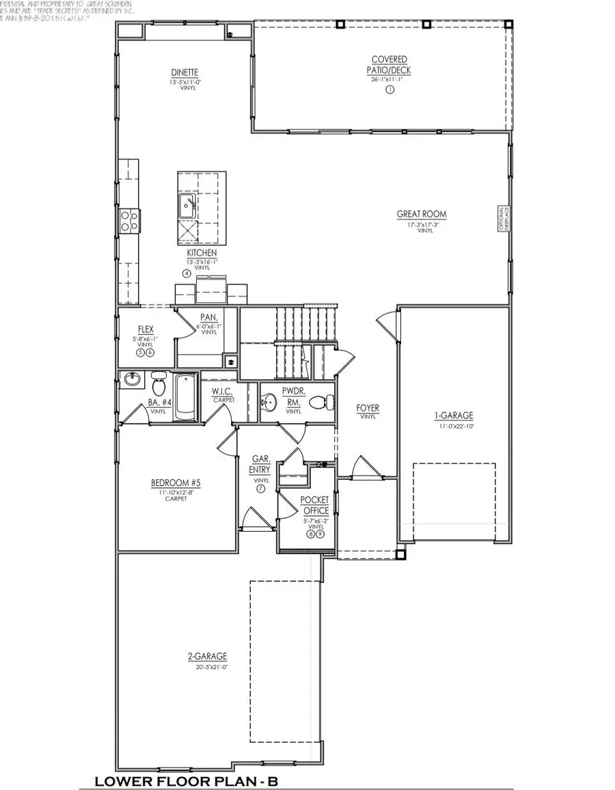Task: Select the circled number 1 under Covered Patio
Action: click(390, 89)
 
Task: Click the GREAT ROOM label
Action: click(422, 214)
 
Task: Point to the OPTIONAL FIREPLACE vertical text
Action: click(501, 219)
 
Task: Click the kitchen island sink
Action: click(187, 204)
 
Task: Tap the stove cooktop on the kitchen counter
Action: click(129, 219)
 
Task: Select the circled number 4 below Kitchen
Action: click(186, 274)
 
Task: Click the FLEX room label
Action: click(146, 329)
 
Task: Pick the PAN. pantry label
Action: click(208, 317)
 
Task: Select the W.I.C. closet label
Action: click(223, 392)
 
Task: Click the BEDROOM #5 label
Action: click(176, 483)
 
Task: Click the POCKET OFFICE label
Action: click(314, 506)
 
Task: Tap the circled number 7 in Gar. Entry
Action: click(260, 489)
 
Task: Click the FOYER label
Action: click(368, 408)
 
